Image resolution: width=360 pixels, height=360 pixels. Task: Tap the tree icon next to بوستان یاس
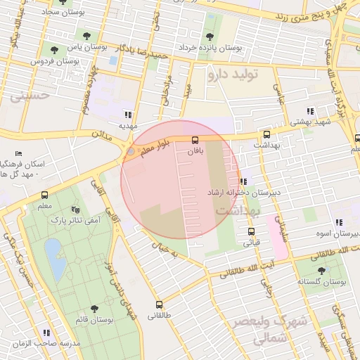click(x=55, y=49)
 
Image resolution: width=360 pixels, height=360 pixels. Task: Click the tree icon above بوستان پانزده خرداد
click(x=209, y=37)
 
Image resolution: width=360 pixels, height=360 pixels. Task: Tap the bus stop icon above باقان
click(x=195, y=140)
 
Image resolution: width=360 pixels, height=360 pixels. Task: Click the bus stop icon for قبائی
click(x=251, y=231)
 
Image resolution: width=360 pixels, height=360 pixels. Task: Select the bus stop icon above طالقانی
click(x=159, y=305)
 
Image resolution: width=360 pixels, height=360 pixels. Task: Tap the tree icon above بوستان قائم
click(x=94, y=309)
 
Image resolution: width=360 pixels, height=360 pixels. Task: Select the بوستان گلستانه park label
click(x=322, y=281)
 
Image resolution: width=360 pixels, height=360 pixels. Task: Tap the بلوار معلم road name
click(x=150, y=144)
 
